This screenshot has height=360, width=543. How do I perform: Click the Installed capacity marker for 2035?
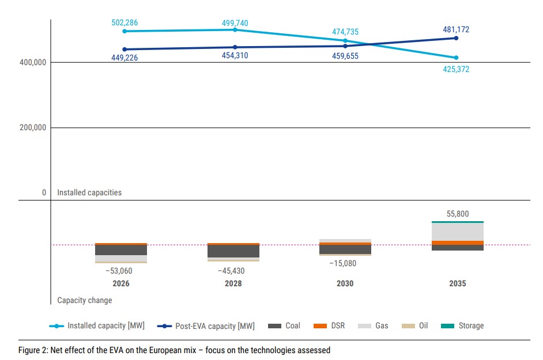(x=456, y=58)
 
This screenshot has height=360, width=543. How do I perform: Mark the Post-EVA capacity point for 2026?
(x=125, y=50)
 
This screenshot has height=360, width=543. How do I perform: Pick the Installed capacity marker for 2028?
(x=235, y=29)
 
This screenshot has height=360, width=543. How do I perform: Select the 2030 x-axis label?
(x=345, y=283)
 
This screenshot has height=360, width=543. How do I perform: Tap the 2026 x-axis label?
(x=121, y=283)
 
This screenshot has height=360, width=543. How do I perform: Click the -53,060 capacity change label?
(x=119, y=270)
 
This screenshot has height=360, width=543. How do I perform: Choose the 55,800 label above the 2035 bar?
(x=458, y=214)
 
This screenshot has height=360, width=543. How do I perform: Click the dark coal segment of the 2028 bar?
(x=233, y=251)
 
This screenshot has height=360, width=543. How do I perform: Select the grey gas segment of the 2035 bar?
(x=457, y=232)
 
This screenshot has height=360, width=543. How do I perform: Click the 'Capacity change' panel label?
(x=85, y=300)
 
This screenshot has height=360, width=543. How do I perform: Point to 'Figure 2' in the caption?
(x=33, y=350)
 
